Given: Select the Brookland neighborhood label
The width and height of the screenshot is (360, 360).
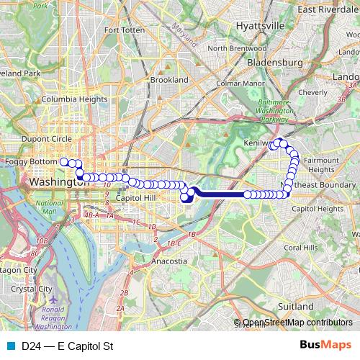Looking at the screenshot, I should point(169,80).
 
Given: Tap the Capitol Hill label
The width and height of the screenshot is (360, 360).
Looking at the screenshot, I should point(135,197).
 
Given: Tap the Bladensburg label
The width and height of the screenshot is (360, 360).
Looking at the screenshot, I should point(274,63).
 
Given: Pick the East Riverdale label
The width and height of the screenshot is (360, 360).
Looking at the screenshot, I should point(329,9).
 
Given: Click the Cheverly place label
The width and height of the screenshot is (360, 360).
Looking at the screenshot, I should point(312,92).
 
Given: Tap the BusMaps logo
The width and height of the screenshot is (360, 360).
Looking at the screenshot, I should point(325,346).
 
